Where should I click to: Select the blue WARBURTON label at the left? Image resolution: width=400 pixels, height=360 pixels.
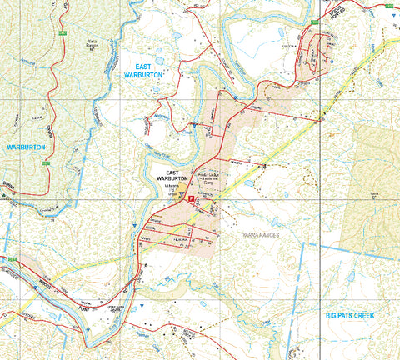26,147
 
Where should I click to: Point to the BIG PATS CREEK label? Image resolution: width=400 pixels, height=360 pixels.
352,316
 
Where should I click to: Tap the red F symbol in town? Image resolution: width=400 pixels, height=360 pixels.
191,200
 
